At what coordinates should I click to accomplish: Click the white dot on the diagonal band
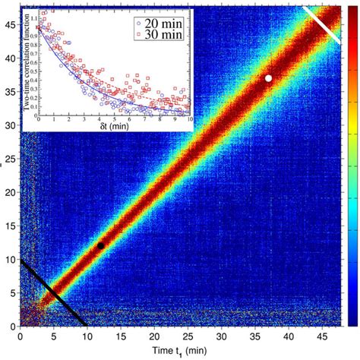point(268,78)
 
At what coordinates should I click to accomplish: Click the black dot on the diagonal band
point(100,245)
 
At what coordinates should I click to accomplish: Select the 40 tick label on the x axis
point(288,335)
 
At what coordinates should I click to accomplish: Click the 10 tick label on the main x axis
point(87,335)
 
